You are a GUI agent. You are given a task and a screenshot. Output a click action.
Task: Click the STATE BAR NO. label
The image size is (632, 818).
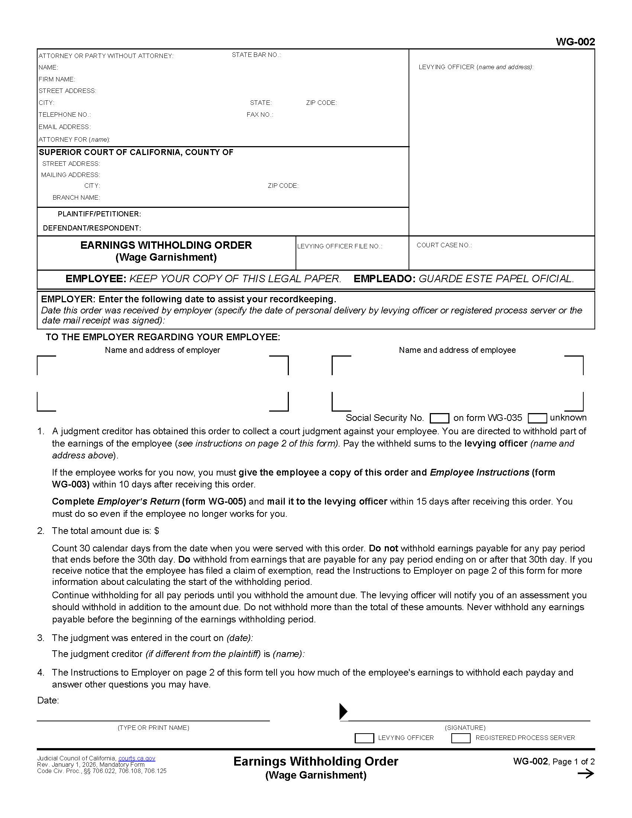(x=256, y=55)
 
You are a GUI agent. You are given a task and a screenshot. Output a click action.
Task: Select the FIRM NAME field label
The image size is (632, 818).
(x=57, y=80)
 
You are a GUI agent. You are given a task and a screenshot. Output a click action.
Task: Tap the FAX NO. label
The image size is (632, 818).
(x=259, y=115)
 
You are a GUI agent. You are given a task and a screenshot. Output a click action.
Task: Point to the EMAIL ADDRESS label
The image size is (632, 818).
(x=64, y=127)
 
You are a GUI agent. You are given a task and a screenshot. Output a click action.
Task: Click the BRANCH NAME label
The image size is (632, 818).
(x=76, y=197)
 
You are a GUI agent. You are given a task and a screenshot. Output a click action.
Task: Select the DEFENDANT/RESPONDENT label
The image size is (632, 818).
(x=92, y=228)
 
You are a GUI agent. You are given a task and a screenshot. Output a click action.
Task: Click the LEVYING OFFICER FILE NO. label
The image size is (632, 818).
(x=339, y=246)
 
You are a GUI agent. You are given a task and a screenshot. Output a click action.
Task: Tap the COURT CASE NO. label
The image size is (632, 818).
(x=444, y=245)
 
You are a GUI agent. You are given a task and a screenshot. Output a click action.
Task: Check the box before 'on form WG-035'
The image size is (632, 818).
(x=439, y=418)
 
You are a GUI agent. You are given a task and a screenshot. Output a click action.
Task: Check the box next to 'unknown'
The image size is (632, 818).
(x=537, y=418)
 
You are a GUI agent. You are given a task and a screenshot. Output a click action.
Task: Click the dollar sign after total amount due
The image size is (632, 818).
(x=157, y=531)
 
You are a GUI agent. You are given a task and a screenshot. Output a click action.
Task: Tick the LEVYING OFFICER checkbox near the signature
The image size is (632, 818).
(x=364, y=738)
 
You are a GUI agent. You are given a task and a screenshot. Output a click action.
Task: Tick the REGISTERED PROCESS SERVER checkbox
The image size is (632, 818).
(x=461, y=738)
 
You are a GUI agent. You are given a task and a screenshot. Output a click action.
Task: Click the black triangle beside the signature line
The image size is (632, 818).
(x=343, y=711)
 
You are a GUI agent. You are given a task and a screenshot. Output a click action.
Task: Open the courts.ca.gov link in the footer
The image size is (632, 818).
(x=137, y=759)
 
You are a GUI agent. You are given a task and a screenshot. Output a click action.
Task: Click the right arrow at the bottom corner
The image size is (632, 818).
(x=586, y=774)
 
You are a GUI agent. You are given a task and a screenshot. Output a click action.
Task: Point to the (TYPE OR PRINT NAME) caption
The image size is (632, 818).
(x=153, y=728)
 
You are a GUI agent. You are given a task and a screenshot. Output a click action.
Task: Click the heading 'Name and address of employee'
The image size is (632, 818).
(x=457, y=350)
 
